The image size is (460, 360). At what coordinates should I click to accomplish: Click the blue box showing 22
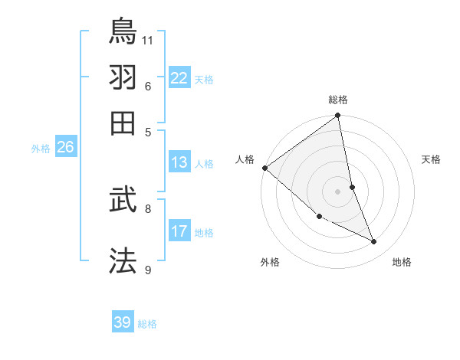click(179, 78)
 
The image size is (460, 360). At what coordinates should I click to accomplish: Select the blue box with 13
click(179, 162)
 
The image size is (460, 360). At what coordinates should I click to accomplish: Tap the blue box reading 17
click(179, 231)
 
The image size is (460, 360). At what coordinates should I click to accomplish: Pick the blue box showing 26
click(65, 148)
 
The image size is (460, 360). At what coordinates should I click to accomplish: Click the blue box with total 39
click(123, 322)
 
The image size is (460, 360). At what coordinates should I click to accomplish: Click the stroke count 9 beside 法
click(148, 270)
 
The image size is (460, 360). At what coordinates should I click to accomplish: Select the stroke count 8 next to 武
click(148, 208)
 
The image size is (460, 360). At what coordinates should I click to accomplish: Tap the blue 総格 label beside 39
click(148, 324)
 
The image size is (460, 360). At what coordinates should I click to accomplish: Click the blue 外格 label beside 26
click(41, 149)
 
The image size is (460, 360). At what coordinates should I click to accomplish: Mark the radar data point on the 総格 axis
click(338, 116)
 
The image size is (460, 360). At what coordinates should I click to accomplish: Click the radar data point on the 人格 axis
click(264, 168)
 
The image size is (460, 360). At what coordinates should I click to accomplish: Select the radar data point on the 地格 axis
click(374, 242)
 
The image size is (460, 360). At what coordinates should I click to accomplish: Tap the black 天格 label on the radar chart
click(431, 159)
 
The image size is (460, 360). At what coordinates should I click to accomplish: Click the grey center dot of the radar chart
click(338, 191)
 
